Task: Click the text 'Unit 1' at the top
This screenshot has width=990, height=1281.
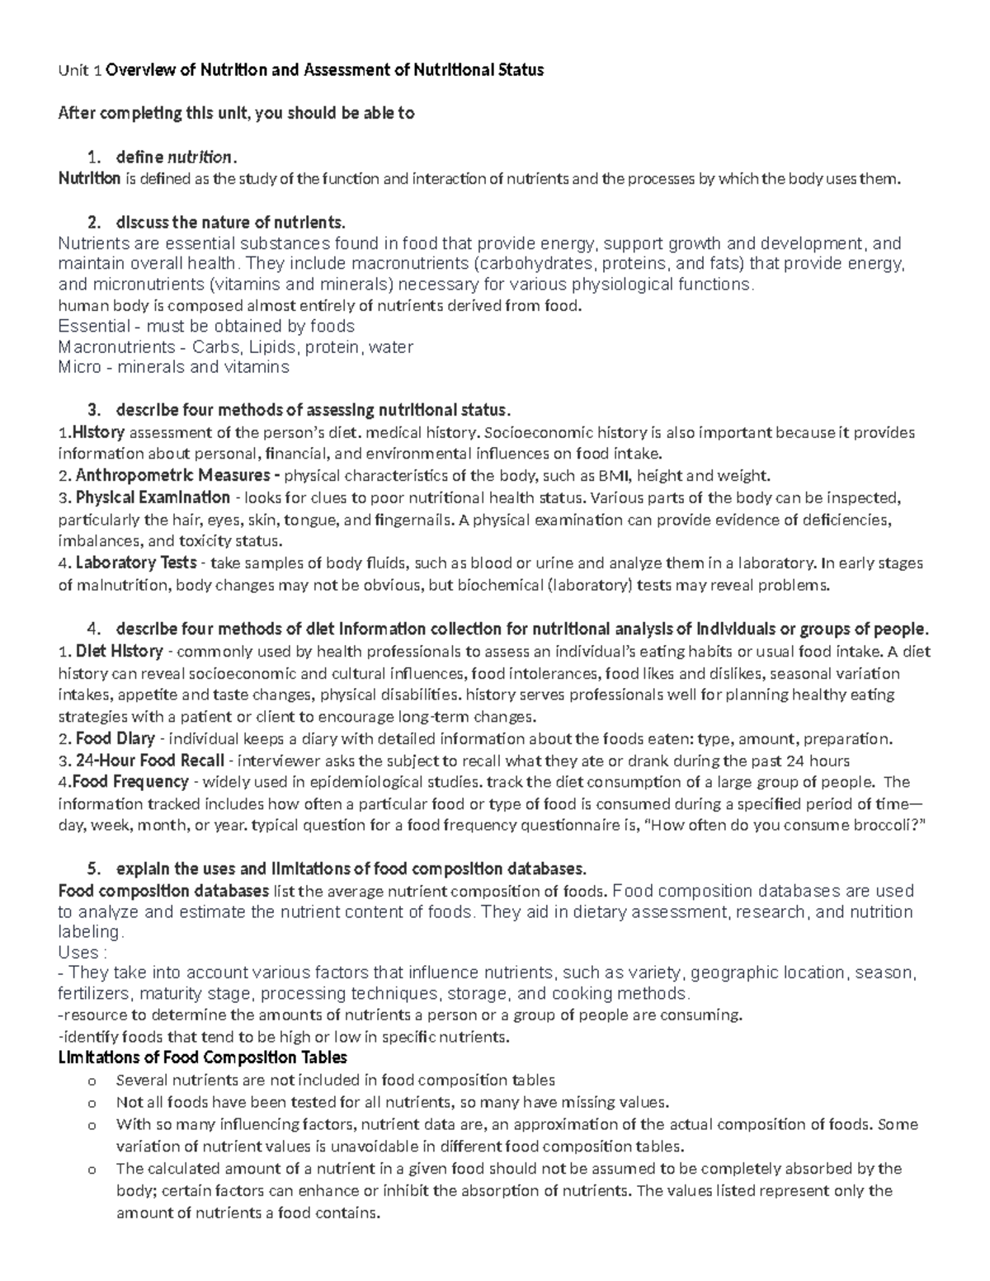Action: coord(79,70)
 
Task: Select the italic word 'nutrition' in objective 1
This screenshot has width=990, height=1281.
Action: coord(200,157)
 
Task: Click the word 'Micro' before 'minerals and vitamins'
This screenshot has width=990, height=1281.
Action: coord(79,368)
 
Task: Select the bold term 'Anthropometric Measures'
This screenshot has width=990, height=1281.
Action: coord(172,476)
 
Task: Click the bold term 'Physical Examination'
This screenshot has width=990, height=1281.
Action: coord(153,497)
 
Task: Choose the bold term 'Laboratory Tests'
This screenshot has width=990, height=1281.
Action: coord(135,563)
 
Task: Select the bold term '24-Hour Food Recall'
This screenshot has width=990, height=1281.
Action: coord(149,761)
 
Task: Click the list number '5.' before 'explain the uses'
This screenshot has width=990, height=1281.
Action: coord(94,869)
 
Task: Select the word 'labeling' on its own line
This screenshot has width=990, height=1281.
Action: coord(90,932)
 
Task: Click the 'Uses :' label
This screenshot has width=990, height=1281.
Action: coord(82,953)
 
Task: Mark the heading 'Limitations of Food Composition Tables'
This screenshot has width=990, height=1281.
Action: coord(202,1057)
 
